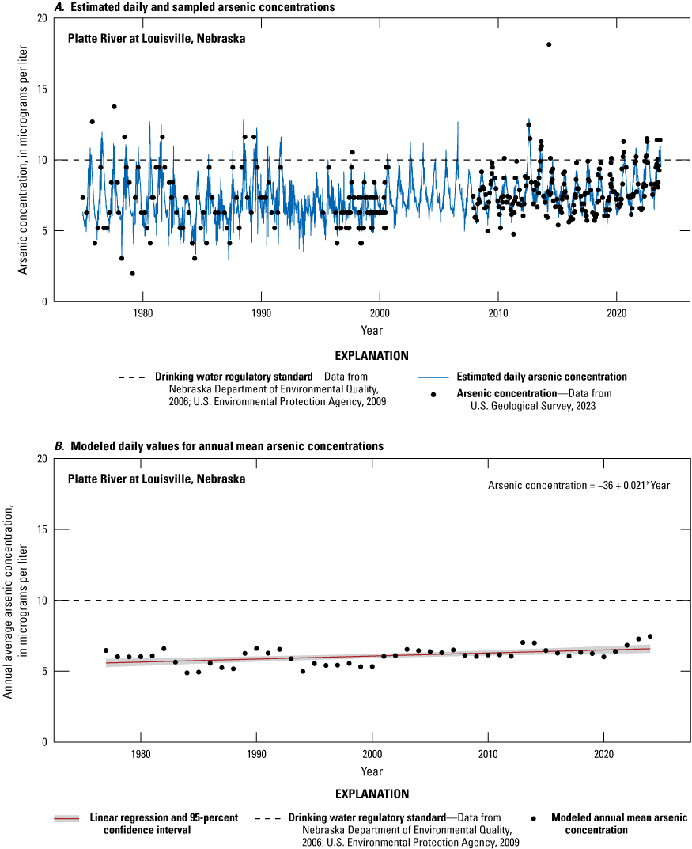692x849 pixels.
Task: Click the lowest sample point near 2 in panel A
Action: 132,274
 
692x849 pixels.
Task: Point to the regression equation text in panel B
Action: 579,485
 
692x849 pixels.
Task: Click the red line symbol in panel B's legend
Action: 67,818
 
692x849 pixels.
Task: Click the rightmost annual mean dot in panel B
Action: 650,636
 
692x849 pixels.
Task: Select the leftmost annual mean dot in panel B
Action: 106,650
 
